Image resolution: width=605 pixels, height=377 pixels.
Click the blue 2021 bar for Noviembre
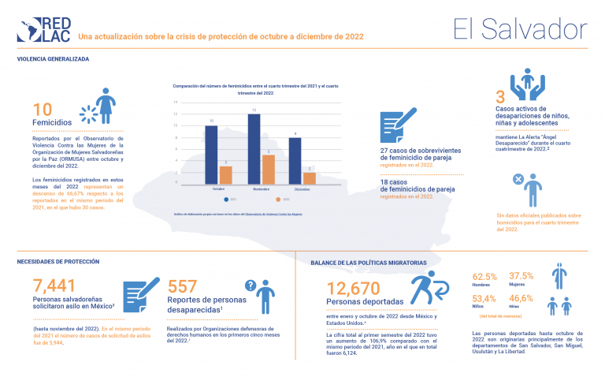point(254,150)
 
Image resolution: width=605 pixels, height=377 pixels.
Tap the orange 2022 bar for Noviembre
point(268,170)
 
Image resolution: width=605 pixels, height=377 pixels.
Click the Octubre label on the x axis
point(219,190)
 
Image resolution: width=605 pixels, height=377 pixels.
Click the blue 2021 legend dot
point(227,200)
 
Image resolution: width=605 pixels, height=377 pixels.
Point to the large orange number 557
point(183,287)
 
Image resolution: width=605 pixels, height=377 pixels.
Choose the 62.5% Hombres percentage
point(484,277)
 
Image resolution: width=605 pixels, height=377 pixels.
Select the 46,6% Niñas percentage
point(521,298)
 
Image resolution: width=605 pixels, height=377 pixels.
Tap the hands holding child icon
point(527,84)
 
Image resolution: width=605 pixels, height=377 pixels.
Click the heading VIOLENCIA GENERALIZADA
point(53,59)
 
